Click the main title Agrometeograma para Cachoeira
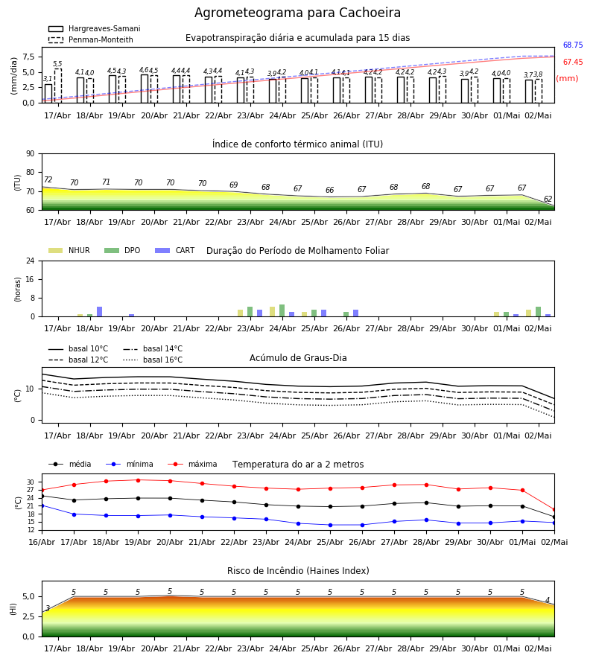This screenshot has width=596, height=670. pyautogui.click(x=297, y=13)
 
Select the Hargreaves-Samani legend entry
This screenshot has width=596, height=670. pyautogui.click(x=94, y=28)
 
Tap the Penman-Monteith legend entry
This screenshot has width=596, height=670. pyautogui.click(x=91, y=39)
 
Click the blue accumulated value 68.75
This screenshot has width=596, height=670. pyautogui.click(x=573, y=45)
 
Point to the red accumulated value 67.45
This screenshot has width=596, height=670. pyautogui.click(x=573, y=62)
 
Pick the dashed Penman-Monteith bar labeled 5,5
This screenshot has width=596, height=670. pyautogui.click(x=57, y=86)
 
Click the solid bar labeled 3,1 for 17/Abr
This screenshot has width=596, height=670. pyautogui.click(x=48, y=94)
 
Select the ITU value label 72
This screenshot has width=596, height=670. pyautogui.click(x=48, y=179)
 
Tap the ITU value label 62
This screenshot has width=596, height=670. pyautogui.click(x=548, y=199)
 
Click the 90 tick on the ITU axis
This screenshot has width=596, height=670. pyautogui.click(x=30, y=154)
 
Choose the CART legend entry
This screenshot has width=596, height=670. pyautogui.click(x=174, y=250)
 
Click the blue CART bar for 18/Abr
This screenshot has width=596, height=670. pyautogui.click(x=100, y=311)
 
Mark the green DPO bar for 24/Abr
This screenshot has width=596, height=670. pyautogui.click(x=282, y=310)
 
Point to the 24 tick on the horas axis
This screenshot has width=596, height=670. pyautogui.click(x=30, y=261)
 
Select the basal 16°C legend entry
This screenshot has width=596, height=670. pyautogui.click(x=153, y=360)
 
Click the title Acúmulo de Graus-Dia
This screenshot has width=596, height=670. pyautogui.click(x=298, y=357)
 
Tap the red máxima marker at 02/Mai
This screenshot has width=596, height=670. pyautogui.click(x=554, y=510)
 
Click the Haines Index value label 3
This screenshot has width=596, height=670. pyautogui.click(x=48, y=608)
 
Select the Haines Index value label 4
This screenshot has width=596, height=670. pyautogui.click(x=548, y=600)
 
